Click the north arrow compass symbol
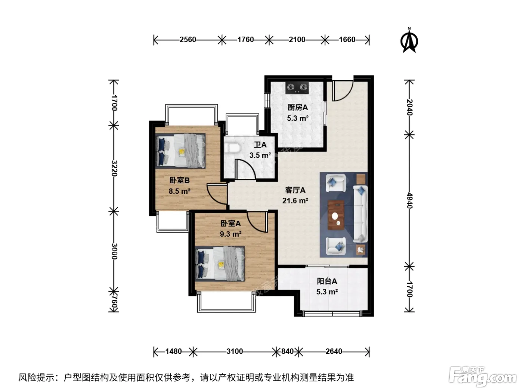click(409, 40)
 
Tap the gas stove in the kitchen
click(297, 88)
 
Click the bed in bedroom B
click(180, 151)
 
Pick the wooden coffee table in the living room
click(336, 215)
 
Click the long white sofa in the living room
click(360, 214)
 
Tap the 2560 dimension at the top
click(188, 40)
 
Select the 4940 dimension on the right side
click(409, 200)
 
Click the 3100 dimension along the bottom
click(235, 351)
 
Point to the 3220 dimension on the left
click(114, 168)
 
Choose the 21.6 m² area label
click(295, 200)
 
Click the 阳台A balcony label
click(327, 281)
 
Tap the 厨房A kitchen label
click(298, 108)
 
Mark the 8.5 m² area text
click(179, 191)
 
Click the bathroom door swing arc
click(245, 169)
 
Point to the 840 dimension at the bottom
click(287, 351)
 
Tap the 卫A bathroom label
click(260, 145)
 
